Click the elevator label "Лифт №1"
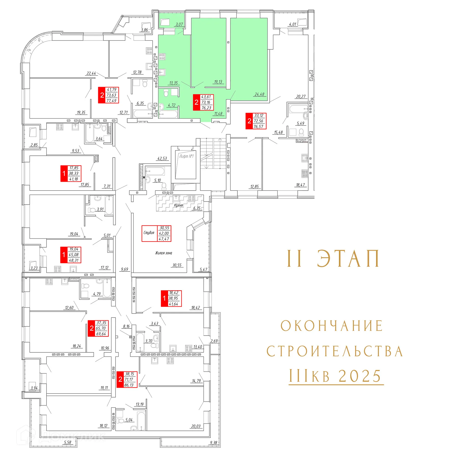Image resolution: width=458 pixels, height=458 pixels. tap(186, 156)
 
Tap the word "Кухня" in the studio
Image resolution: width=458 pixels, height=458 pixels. tap(178, 205)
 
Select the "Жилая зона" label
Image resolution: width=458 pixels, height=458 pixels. tap(164, 253)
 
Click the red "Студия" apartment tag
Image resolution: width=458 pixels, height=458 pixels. tap(149, 233)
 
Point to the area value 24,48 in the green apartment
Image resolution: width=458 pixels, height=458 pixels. tap(259, 94)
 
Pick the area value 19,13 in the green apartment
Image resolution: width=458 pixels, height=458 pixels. tap(218, 82)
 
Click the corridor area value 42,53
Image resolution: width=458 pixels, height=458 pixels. tap(162, 159)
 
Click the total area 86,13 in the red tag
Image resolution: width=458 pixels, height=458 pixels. tap(129, 385)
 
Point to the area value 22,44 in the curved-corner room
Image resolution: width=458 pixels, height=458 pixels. tap(91, 73)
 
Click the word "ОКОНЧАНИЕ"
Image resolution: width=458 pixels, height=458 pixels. tap(332, 326)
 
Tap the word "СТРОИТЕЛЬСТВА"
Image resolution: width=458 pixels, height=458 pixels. tap(335, 351)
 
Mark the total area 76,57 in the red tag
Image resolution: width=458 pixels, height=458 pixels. tap(258, 126)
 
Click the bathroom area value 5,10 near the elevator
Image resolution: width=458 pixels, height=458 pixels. tap(158, 180)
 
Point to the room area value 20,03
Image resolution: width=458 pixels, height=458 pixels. tap(196, 426)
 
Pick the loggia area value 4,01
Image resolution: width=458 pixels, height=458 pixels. tap(293, 24)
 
